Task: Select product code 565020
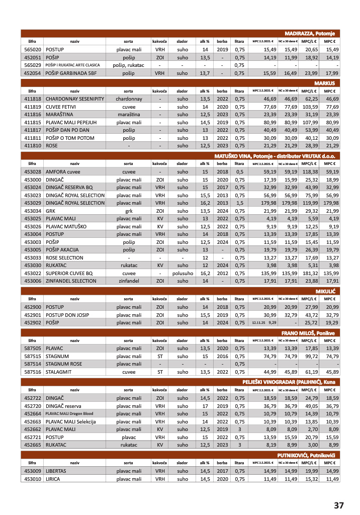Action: [32, 50]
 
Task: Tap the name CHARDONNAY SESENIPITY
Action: [74, 99]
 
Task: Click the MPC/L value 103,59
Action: [308, 107]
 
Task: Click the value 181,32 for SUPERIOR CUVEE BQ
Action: [308, 273]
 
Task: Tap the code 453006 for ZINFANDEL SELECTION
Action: [32, 281]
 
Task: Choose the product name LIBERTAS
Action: [58, 471]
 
